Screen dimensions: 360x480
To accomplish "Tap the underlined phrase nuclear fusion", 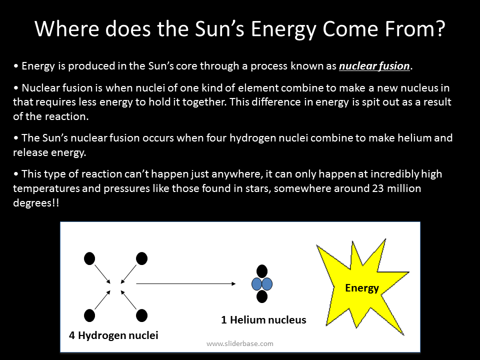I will click(374, 65).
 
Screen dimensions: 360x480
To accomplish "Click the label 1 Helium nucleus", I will click(263, 320).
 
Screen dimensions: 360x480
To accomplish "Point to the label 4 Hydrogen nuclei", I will click(113, 335).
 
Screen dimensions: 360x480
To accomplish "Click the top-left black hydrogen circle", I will click(89, 258).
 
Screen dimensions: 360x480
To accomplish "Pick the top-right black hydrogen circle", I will click(142, 258).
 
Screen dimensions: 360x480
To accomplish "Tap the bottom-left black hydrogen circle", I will click(89, 315).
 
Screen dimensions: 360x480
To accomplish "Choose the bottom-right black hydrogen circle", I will click(142, 315).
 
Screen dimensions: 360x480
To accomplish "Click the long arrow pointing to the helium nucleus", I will click(185, 284).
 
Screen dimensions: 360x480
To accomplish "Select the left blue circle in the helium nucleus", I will click(257, 284).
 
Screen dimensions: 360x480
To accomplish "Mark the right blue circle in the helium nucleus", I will click(267, 284).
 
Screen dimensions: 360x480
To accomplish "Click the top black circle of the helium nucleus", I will click(262, 272).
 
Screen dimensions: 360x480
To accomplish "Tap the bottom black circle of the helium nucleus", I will click(262, 296).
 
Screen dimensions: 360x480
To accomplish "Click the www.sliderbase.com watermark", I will click(240, 343).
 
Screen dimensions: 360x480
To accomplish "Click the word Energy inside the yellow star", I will click(362, 288).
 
